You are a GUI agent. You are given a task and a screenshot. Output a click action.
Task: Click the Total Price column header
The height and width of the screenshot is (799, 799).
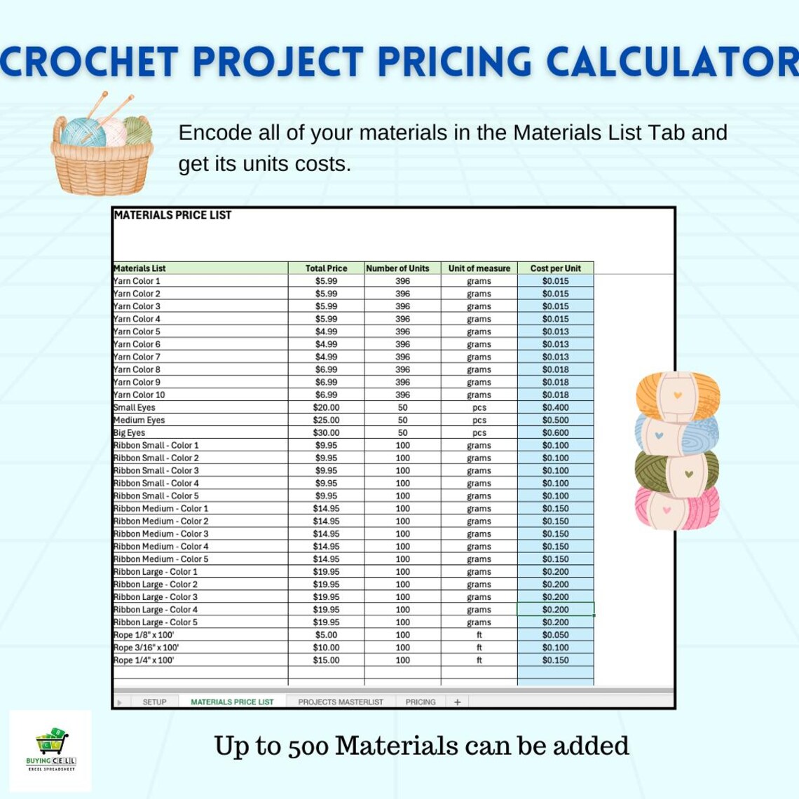click(326, 268)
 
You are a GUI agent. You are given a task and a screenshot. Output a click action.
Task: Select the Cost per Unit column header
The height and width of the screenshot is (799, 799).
click(555, 268)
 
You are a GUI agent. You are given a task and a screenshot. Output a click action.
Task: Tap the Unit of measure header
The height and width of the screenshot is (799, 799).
click(479, 268)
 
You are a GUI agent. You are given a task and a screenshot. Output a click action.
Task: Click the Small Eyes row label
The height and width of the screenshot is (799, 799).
click(135, 407)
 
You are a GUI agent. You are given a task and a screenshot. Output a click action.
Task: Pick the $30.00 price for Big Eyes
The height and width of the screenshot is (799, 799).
click(326, 432)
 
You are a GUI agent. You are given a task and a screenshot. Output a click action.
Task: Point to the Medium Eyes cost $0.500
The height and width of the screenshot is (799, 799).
click(555, 420)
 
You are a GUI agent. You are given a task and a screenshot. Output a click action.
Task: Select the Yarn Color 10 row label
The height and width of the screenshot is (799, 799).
click(139, 395)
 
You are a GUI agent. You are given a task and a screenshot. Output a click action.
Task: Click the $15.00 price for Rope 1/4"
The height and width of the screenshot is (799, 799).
click(326, 660)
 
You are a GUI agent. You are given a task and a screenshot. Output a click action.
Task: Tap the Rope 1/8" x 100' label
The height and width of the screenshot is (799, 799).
click(144, 635)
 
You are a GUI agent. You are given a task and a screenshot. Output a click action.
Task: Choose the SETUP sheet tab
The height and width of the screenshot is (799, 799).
click(154, 702)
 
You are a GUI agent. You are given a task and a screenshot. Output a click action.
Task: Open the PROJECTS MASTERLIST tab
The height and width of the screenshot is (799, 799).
click(341, 702)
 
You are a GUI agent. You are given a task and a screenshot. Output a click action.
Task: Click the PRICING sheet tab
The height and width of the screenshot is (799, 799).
click(420, 702)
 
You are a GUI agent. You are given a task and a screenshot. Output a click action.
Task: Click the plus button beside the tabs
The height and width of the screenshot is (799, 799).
click(457, 702)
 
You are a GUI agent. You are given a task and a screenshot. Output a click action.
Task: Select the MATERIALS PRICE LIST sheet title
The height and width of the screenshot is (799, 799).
click(172, 215)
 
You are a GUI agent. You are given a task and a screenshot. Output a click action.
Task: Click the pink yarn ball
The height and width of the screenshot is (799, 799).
click(677, 507)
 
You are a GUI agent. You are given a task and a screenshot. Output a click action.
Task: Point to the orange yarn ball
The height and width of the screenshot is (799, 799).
click(677, 395)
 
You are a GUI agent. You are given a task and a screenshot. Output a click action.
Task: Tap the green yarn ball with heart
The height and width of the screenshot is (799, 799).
click(677, 473)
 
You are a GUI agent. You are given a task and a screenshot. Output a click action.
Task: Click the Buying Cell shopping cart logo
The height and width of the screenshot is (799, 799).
click(52, 743)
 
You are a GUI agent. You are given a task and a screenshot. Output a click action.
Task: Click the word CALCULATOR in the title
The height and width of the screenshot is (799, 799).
click(672, 62)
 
